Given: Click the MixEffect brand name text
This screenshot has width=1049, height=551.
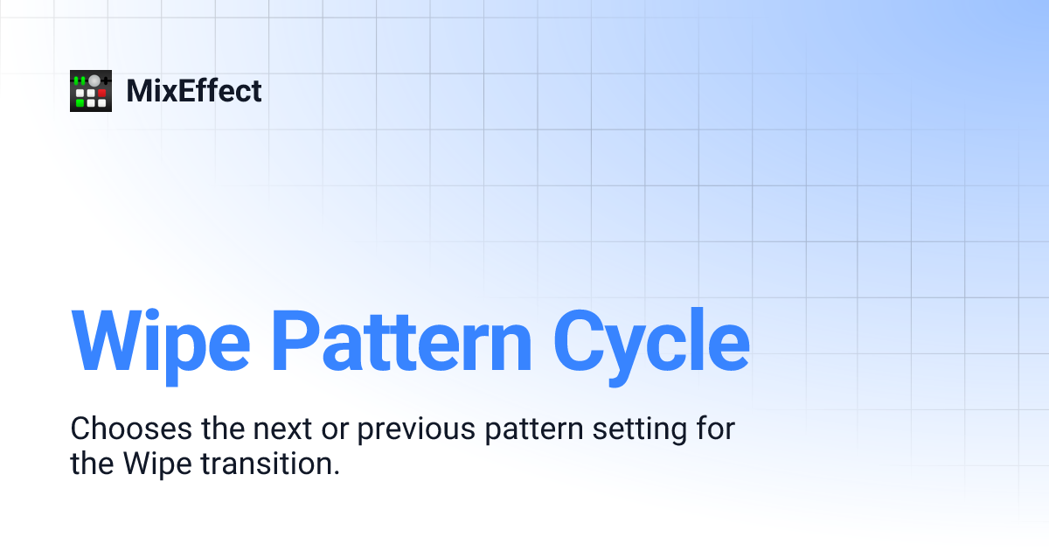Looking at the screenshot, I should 194,91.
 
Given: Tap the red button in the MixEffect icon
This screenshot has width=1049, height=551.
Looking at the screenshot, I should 101,92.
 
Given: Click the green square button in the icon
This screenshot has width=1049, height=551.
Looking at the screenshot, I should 80,102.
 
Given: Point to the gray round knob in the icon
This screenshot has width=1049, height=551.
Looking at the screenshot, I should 94,80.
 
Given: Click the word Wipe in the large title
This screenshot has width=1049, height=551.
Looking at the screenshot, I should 157,339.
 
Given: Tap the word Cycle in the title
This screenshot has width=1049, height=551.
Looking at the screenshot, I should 651,339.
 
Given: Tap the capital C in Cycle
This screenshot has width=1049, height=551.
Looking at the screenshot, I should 584,339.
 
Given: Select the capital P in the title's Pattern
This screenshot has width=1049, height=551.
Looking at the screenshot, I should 295,339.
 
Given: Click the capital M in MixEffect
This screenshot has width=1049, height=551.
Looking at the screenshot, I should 139,91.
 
